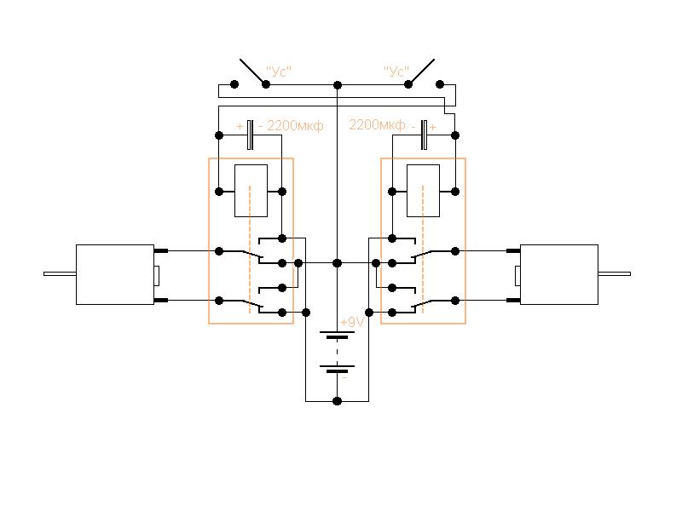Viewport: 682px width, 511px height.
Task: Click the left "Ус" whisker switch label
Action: (279, 71)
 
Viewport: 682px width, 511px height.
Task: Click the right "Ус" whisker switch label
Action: (396, 71)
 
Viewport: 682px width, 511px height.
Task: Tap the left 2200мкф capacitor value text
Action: (295, 125)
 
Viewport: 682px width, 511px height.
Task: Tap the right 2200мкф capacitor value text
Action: (377, 125)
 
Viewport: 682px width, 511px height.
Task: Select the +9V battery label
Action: (352, 322)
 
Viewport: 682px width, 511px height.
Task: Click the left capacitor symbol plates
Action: (250, 135)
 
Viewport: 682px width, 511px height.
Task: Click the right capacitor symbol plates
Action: (424, 135)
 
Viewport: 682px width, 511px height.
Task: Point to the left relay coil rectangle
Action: (251, 191)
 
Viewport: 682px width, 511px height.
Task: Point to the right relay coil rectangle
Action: (423, 191)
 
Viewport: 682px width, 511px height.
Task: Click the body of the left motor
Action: (115, 274)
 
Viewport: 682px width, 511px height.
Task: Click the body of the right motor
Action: (559, 274)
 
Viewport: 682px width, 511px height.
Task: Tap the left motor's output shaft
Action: (60, 273)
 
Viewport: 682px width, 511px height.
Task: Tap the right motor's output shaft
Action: (614, 273)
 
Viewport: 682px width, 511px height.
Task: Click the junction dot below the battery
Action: (337, 400)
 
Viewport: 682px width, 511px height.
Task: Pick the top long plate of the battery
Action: (337, 332)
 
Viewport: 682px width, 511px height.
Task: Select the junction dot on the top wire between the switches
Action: (337, 85)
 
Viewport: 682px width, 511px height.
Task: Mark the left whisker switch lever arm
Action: (252, 71)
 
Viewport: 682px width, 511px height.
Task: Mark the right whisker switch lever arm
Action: (421, 71)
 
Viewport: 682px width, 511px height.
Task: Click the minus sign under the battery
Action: (344, 379)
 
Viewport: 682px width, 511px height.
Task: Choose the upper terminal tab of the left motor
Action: (161, 250)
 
